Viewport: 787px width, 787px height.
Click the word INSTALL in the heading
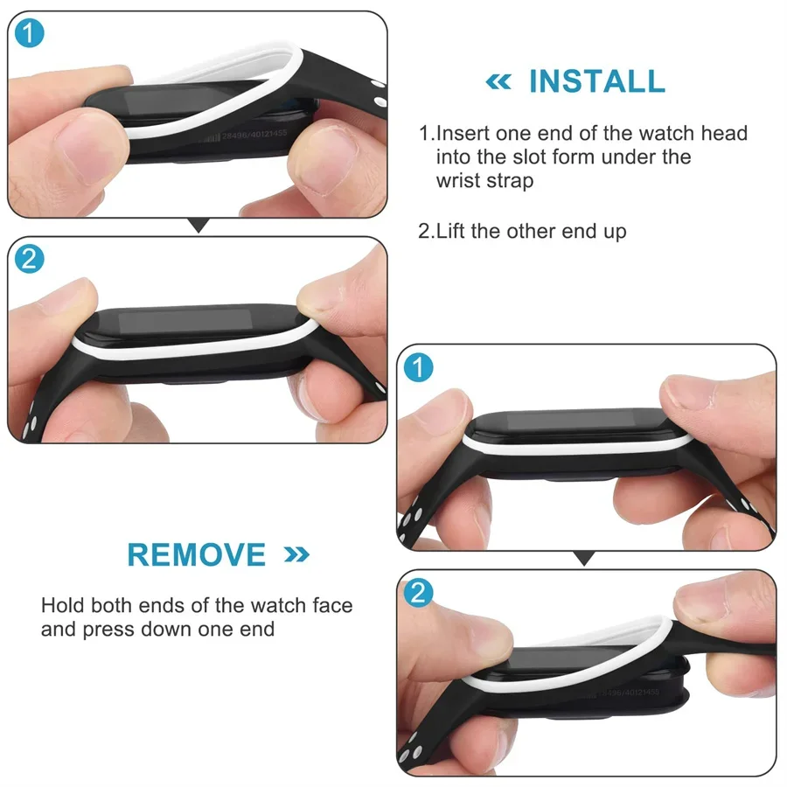[x=596, y=81]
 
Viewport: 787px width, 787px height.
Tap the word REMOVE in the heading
[x=197, y=555]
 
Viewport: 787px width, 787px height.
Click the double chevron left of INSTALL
[x=498, y=82]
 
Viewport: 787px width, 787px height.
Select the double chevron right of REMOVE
[x=296, y=554]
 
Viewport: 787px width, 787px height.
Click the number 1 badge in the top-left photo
[x=30, y=34]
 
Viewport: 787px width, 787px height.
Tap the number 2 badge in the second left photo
[x=30, y=260]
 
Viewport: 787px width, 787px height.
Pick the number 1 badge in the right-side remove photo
[x=420, y=368]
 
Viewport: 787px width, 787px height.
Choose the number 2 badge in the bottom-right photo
[x=420, y=594]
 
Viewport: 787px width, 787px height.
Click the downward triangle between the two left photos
[x=199, y=226]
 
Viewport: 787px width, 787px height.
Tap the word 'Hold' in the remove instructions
[x=62, y=605]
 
